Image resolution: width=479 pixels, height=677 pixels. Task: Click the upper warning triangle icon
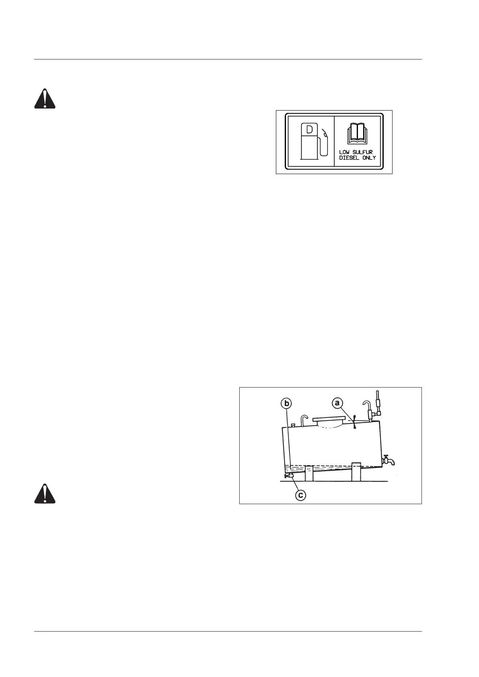[x=45, y=99]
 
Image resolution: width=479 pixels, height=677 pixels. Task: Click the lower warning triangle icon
[x=45, y=494]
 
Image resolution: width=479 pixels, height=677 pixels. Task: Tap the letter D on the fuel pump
[x=310, y=130]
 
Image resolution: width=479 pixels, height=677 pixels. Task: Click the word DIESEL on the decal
[x=349, y=158]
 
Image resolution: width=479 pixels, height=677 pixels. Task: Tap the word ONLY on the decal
[x=368, y=158]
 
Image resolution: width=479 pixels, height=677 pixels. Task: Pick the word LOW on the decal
[x=344, y=152]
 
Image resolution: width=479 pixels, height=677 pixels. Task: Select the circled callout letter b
[x=286, y=403]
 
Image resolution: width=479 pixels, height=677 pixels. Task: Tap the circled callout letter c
[x=300, y=494]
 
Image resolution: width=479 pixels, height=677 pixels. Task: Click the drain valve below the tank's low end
[x=289, y=476]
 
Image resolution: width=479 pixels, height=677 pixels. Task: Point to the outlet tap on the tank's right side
[x=388, y=460]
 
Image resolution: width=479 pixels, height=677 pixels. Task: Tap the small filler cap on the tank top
[x=294, y=425]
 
